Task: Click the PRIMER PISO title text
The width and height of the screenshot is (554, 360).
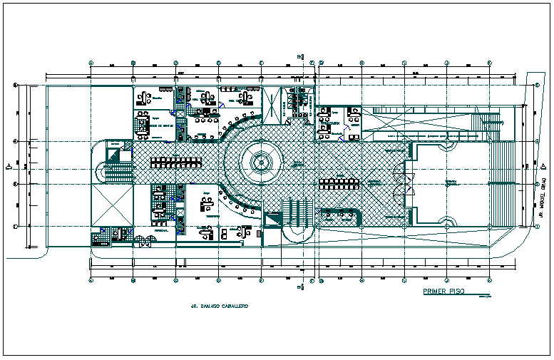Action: click(x=443, y=292)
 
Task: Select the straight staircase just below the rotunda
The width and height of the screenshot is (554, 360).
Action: click(x=297, y=212)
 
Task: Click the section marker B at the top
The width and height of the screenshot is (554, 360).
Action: click(x=301, y=58)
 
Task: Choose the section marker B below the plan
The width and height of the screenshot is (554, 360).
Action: click(x=301, y=287)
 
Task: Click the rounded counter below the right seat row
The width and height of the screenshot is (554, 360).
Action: click(x=339, y=215)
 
